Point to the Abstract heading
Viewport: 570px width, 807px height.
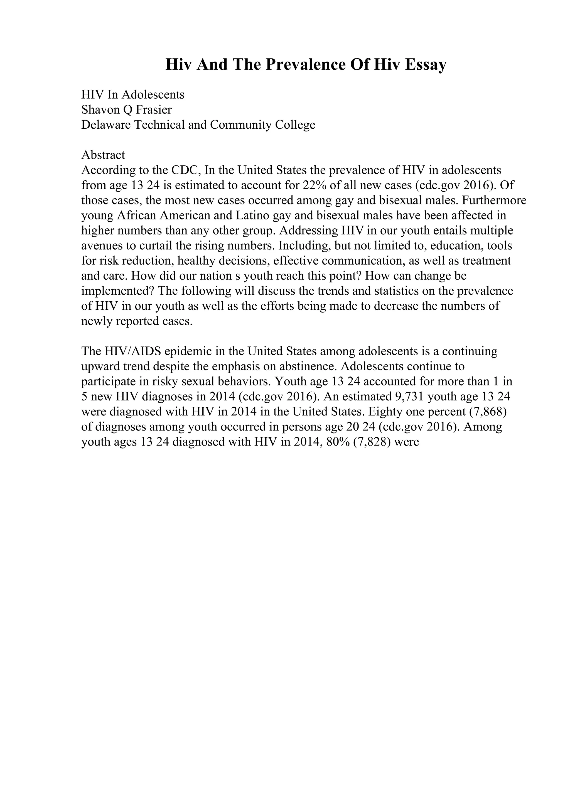103,155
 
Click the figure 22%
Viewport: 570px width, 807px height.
315,185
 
